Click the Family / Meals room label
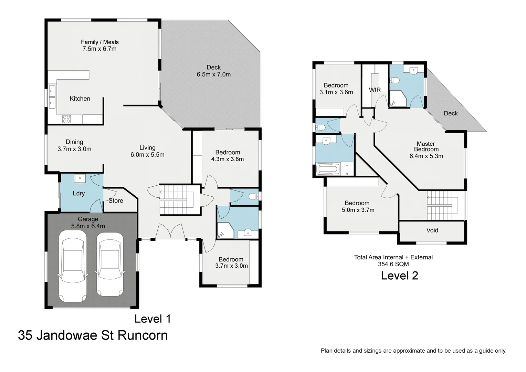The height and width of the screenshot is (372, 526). click(100, 42)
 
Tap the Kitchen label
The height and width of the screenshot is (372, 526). click(80, 99)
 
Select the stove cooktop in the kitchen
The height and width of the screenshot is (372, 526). click(66, 119)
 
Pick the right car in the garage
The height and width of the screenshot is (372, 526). click(109, 265)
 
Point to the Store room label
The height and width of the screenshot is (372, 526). click(116, 200)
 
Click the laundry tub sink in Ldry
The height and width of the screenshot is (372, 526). click(80, 178)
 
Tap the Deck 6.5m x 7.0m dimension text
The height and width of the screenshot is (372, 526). click(214, 74)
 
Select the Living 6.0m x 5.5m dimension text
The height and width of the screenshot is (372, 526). click(147, 155)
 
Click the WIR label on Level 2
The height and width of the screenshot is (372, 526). click(375, 90)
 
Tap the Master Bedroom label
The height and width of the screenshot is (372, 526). click(426, 146)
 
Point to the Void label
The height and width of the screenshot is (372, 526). click(432, 230)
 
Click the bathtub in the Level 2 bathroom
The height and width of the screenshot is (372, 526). click(328, 169)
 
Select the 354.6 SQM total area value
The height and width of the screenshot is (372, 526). click(393, 264)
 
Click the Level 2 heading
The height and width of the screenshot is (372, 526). click(399, 276)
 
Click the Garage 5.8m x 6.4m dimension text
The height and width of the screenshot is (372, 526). click(88, 226)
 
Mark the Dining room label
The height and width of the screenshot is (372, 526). click(74, 142)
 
